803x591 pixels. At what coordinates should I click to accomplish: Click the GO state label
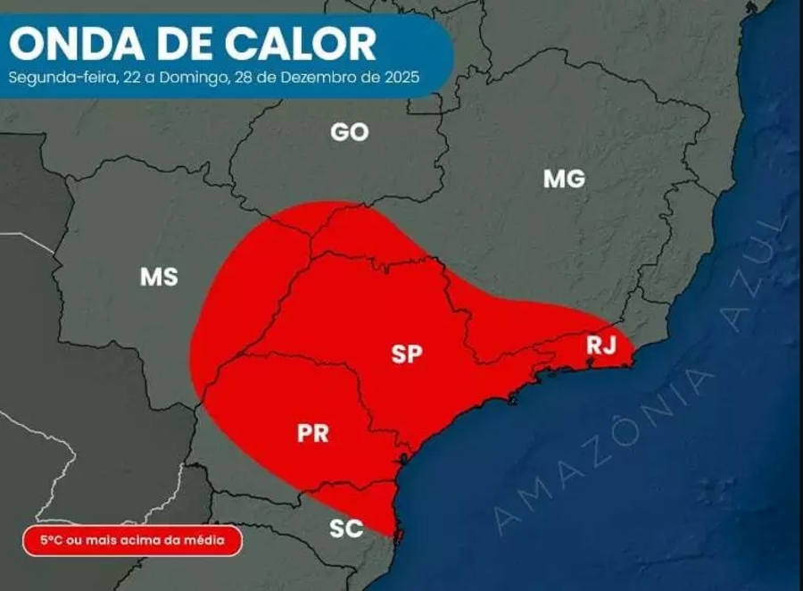(x=349, y=132)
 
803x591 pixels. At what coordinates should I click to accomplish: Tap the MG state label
(x=564, y=179)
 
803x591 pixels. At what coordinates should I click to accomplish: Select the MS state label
(x=159, y=277)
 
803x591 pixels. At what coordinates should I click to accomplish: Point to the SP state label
(x=406, y=354)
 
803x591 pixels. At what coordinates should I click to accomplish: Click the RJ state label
(x=601, y=345)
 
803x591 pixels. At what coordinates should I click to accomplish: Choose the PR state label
(x=313, y=434)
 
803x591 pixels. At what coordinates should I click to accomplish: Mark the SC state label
(x=346, y=529)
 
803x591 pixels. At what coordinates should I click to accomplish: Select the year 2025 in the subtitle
(x=402, y=77)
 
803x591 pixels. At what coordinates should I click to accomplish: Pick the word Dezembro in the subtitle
(x=313, y=77)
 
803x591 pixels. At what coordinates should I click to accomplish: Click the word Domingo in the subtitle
(x=195, y=77)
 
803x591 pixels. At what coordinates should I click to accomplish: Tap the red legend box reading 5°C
(x=132, y=540)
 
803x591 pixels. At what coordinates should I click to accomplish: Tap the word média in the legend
(x=219, y=540)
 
